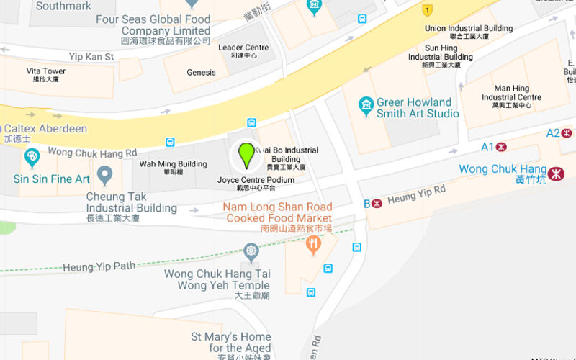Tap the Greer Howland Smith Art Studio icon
pyautogui.click(x=366, y=107)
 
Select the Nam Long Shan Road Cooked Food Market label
pyautogui.click(x=277, y=212)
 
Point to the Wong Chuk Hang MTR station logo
pyautogui.click(x=556, y=174)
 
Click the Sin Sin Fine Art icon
pyautogui.click(x=32, y=157)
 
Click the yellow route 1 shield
pyautogui.click(x=428, y=10)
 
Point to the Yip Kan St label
pyautogui.click(x=91, y=56)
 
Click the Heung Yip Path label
pyautogui.click(x=99, y=266)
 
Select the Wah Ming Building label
pyautogui.click(x=173, y=164)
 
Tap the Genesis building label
pyautogui.click(x=201, y=72)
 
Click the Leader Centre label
pyautogui.click(x=243, y=48)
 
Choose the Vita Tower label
pyautogui.click(x=46, y=71)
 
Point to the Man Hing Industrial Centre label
pyautogui.click(x=511, y=93)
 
